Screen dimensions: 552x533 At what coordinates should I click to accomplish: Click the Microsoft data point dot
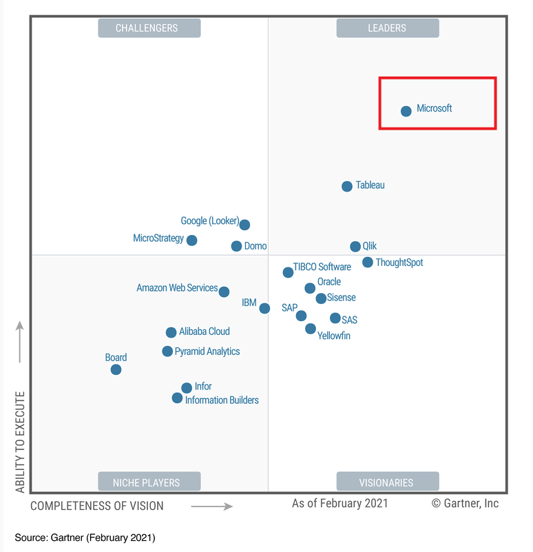pos(406,111)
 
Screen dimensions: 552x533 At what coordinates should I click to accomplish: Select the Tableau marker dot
pos(347,186)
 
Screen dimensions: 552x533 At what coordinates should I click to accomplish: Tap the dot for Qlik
pos(355,247)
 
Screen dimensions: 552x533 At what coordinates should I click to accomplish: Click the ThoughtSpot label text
pos(399,263)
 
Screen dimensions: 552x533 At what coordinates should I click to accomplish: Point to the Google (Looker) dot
pos(244,225)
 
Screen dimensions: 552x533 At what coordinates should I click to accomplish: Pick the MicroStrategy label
pos(158,238)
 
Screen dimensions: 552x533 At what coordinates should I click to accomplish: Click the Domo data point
pos(236,246)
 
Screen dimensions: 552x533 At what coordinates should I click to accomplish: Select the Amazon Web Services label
pos(177,288)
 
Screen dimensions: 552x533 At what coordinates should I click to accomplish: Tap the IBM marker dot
pos(264,308)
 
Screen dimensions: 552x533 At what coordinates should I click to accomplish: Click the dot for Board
pos(116,369)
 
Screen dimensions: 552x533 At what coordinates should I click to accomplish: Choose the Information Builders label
pos(222,400)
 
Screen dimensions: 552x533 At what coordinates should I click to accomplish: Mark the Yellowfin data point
pos(311,329)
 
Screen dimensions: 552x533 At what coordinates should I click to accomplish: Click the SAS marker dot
pos(335,318)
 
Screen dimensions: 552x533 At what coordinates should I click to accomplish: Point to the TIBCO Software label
pos(322,267)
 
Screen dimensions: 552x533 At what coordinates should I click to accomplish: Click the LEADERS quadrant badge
pos(387,28)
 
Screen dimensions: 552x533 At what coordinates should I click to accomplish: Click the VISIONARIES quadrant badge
pos(387,482)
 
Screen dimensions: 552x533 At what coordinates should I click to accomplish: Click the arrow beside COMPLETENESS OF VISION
pos(212,507)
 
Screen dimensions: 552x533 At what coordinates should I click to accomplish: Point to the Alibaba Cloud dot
pos(171,333)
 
